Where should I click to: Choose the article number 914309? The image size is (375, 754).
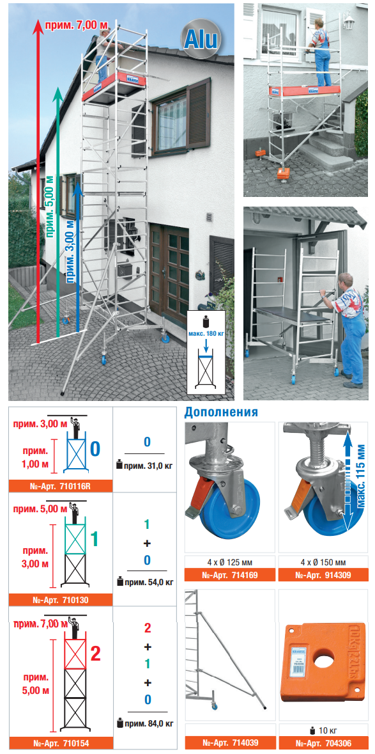[324, 575]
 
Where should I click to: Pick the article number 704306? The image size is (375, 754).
[324, 743]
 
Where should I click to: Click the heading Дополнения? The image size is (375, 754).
[221, 412]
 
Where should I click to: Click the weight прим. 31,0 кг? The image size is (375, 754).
[144, 465]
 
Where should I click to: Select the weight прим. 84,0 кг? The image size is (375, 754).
[144, 723]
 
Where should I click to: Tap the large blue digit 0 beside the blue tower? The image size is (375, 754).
[95, 448]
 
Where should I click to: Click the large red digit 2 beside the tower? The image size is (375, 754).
[95, 654]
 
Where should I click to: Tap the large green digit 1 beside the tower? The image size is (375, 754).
[94, 539]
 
